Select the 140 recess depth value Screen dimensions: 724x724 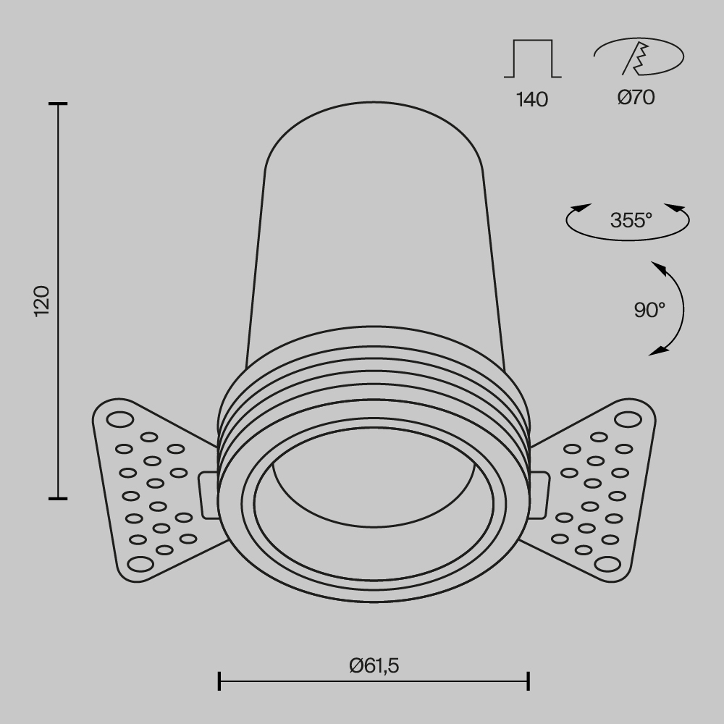tap(532, 100)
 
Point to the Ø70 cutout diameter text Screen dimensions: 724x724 tap(636, 97)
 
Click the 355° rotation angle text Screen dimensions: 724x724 tap(631, 219)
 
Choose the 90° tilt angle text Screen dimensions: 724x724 tap(649, 310)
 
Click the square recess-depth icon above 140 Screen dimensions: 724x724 tap(532, 59)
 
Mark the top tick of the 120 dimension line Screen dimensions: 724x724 tap(58, 104)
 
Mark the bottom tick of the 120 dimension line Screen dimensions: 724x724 tap(58, 498)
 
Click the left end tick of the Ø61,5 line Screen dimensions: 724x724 tap(219, 681)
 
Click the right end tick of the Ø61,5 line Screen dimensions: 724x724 tap(529, 681)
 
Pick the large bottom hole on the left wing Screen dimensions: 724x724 tap(138, 564)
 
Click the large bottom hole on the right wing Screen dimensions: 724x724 tap(607, 564)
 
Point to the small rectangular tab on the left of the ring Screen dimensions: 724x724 tap(208, 495)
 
